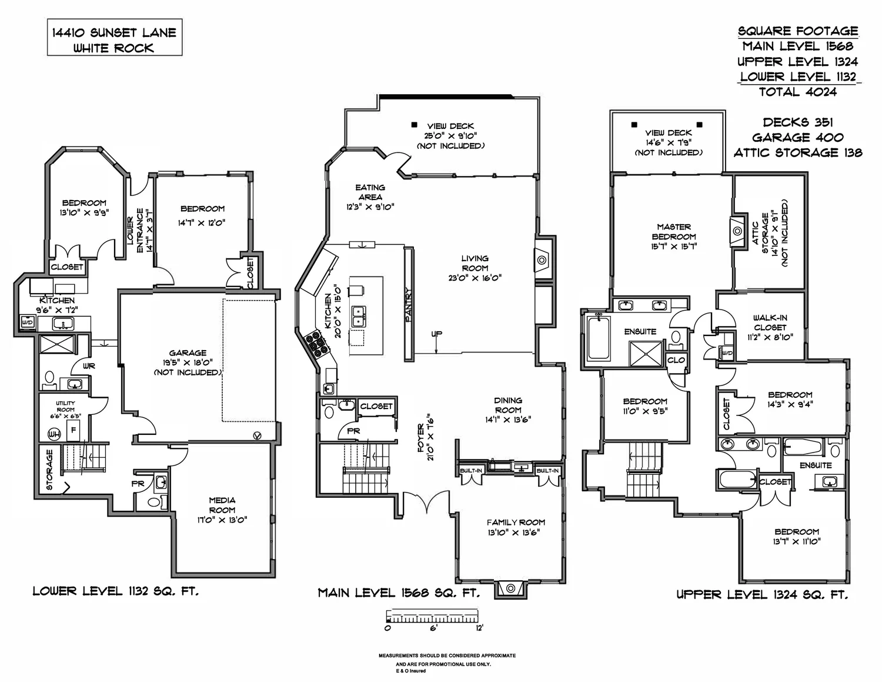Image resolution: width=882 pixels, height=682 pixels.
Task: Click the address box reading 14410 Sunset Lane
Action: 115,37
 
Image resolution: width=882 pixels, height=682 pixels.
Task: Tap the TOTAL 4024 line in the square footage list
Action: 798,92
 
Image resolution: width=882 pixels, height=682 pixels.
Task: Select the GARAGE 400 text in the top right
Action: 798,138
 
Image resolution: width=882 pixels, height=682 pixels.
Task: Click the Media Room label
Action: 222,505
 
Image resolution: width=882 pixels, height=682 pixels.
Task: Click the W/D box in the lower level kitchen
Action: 28,322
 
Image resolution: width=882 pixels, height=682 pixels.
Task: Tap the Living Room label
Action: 475,263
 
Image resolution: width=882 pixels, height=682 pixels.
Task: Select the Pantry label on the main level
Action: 409,305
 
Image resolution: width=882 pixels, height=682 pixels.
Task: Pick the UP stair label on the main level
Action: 437,334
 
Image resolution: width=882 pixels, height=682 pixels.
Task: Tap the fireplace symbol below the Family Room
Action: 510,588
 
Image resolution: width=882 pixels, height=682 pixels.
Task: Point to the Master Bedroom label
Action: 674,231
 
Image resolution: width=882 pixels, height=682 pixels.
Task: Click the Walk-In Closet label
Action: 770,322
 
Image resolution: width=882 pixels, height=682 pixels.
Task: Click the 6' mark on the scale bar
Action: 433,628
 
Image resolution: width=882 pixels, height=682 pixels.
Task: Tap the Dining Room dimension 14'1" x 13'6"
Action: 508,420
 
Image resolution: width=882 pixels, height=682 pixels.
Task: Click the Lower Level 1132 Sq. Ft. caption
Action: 116,591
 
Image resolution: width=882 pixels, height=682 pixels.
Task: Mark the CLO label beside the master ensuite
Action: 676,360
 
